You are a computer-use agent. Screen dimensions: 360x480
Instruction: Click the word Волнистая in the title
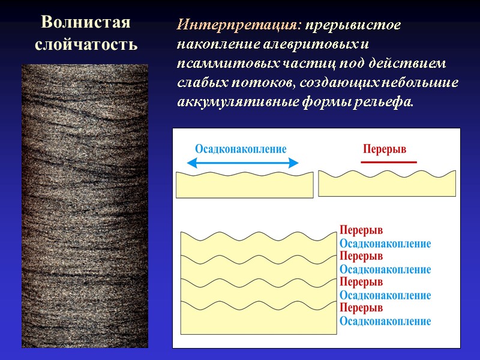85,23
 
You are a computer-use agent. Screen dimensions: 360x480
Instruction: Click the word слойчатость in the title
85,44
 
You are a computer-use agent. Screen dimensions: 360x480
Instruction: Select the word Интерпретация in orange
239,26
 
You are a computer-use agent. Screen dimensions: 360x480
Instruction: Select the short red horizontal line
388,162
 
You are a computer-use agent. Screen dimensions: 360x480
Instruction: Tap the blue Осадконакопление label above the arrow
241,149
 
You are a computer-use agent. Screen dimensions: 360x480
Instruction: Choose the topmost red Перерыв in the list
361,230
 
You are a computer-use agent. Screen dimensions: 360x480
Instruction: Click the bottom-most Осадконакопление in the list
385,321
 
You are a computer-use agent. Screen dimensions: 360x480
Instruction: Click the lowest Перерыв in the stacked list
361,308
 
